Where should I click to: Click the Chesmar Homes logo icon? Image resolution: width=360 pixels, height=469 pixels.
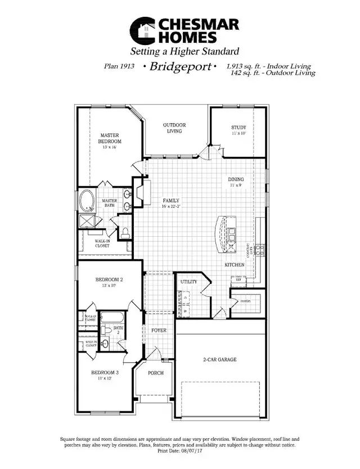(x=142, y=31)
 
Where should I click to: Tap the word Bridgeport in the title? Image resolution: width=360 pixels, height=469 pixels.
(x=179, y=67)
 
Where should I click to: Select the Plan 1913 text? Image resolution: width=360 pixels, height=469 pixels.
(x=119, y=66)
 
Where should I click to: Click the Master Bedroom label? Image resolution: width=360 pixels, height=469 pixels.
(x=111, y=138)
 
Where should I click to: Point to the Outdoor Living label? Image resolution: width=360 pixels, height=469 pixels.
(x=174, y=128)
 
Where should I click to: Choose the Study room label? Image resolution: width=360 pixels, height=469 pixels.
(x=238, y=128)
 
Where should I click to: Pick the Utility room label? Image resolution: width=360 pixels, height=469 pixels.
(x=188, y=281)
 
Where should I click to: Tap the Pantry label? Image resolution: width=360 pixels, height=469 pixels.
(x=245, y=301)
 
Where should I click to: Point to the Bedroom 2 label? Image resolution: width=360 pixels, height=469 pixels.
(x=109, y=279)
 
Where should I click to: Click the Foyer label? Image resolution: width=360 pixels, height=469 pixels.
(x=159, y=330)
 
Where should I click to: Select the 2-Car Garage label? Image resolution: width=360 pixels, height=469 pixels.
(x=219, y=359)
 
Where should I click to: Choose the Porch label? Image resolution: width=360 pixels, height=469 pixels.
(x=155, y=373)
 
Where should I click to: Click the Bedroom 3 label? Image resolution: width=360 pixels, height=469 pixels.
(x=105, y=373)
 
